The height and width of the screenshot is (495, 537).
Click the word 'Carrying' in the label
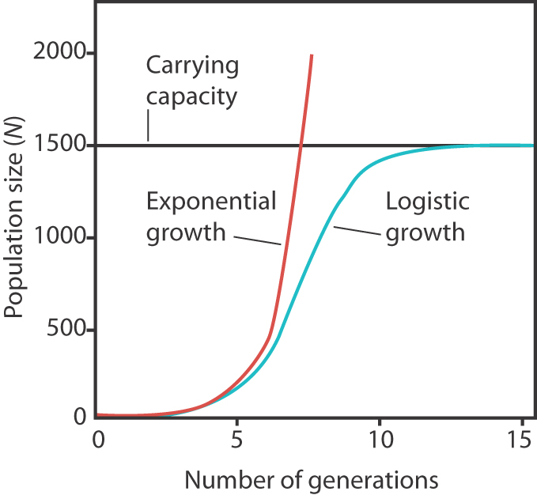[x=192, y=66]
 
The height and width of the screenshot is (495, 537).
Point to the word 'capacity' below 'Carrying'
[x=192, y=98]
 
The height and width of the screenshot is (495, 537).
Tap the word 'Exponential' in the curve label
[x=212, y=202]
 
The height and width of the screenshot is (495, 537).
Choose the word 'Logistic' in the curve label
[x=428, y=202]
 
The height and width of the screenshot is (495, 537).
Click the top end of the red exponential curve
[x=312, y=56]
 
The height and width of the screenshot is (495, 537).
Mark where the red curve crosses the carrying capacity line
[x=300, y=145]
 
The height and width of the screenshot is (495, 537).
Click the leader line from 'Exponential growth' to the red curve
[x=257, y=239]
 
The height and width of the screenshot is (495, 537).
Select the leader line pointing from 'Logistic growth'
[x=358, y=231]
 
